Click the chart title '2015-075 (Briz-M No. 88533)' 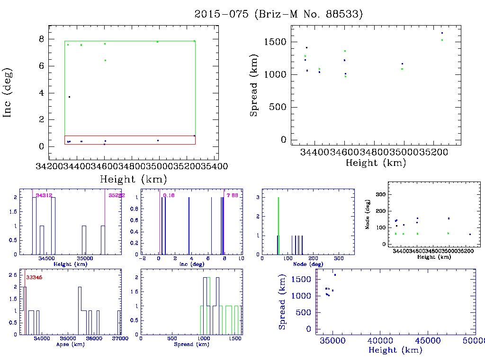point(278,14)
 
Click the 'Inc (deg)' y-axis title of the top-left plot point(8,92)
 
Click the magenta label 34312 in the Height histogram point(44,195)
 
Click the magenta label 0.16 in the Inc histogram point(169,195)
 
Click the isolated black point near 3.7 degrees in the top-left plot point(69,97)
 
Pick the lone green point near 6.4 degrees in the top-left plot point(105,60)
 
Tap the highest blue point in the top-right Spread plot point(442,33)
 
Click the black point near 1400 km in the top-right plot point(306,47)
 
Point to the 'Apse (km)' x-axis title point(70,344)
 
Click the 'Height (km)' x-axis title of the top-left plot point(133,179)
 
